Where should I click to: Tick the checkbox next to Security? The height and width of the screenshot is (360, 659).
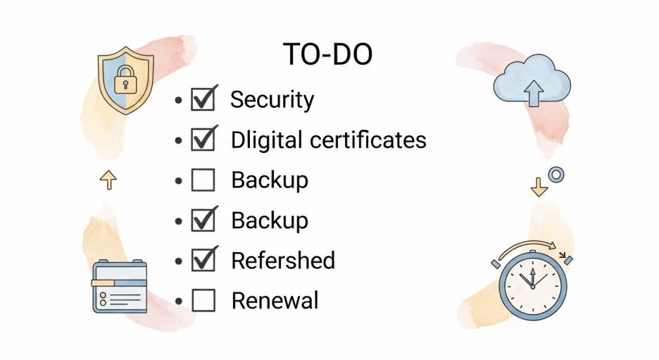[x=203, y=100]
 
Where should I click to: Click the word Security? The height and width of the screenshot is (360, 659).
[x=272, y=99]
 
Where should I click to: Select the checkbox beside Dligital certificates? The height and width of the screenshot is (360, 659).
[x=203, y=140]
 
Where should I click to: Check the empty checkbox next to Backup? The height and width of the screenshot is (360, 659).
[x=203, y=180]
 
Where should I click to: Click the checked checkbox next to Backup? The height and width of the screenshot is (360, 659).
[x=203, y=221]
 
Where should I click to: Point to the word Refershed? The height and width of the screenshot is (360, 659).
[x=283, y=261]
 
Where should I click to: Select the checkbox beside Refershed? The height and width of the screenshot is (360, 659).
[x=203, y=261]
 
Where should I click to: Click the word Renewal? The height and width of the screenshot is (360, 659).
[x=275, y=301]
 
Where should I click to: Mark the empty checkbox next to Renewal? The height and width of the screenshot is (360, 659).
[x=203, y=301]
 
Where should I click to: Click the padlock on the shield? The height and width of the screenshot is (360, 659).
[x=125, y=80]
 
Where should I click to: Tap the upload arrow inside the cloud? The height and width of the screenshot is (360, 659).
[x=534, y=92]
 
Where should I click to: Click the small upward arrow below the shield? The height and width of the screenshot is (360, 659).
[x=108, y=180]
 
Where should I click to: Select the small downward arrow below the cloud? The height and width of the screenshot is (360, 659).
[x=539, y=186]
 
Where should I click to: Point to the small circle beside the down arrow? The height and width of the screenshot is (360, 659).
[x=556, y=175]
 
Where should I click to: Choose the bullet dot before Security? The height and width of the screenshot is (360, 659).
[x=178, y=100]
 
